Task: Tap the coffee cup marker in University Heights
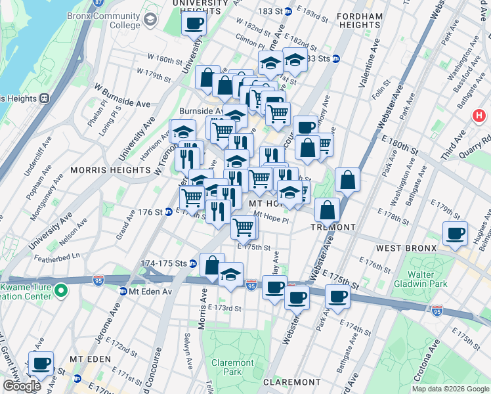(194, 24)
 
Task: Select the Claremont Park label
(232, 367)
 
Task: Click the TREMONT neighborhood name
(334, 227)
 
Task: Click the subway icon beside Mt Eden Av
(123, 292)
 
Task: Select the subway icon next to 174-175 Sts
(193, 264)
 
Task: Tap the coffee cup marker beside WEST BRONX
(455, 233)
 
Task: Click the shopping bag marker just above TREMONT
(327, 210)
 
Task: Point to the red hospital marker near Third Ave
(480, 116)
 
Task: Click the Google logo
(21, 386)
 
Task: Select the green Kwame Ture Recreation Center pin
(60, 289)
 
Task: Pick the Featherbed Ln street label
(58, 255)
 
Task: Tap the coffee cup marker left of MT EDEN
(41, 362)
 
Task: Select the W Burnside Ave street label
(123, 95)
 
